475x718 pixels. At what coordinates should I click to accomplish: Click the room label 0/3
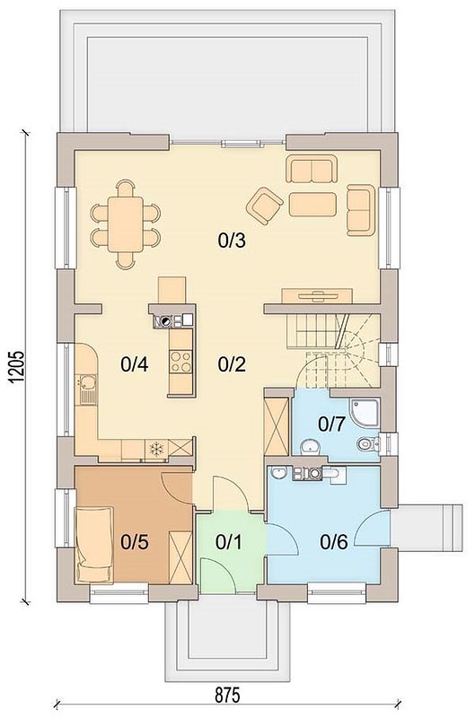coord(232,240)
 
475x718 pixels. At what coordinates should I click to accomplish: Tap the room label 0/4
coord(134,364)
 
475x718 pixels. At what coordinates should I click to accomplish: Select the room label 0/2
coord(232,364)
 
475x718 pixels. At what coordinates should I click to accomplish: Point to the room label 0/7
coord(331,424)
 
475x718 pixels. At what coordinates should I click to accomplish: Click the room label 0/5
coord(135,542)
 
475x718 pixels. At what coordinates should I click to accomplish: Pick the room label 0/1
coord(229,542)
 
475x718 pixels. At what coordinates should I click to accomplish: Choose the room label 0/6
coord(334,542)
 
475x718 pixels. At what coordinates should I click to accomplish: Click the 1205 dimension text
coord(15,367)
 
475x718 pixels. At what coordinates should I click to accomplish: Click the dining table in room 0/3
coord(126,223)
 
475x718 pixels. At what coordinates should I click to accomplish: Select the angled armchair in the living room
coord(264,206)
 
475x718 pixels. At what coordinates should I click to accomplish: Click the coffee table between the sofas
coord(312,205)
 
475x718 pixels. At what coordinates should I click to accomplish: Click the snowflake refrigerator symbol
coord(156,449)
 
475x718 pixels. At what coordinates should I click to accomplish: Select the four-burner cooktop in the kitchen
coord(180,362)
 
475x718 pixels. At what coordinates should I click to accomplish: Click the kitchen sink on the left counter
coord(86,390)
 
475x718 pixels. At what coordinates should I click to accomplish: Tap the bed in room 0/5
coord(94,545)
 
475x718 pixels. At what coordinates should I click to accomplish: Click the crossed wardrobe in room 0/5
coord(180,557)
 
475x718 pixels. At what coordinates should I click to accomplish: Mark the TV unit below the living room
coord(316,296)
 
